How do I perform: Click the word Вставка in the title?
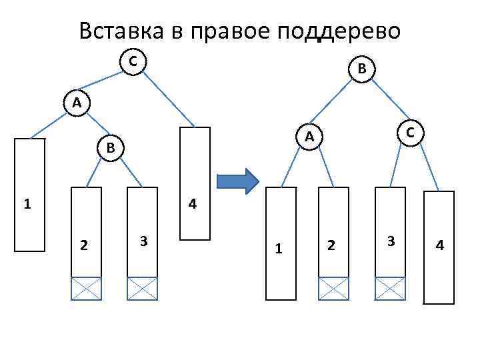[119, 31]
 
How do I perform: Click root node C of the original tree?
[133, 61]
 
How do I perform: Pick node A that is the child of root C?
[77, 103]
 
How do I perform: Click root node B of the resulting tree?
[361, 68]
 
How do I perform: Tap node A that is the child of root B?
[309, 136]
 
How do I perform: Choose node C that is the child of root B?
[411, 133]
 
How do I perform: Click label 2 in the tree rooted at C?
[83, 245]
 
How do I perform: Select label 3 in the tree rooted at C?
[143, 240]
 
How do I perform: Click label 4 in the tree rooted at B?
[439, 245]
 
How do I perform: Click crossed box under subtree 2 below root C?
[87, 289]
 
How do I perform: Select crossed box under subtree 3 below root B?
[390, 289]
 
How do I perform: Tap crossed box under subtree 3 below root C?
[142, 289]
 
